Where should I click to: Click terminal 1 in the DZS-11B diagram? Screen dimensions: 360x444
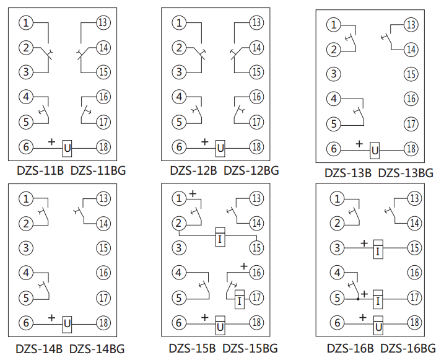pyautogui.click(x=26, y=24)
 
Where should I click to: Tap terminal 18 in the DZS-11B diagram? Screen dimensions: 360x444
pyautogui.click(x=103, y=147)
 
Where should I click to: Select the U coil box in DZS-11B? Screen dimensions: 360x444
pyautogui.click(x=67, y=148)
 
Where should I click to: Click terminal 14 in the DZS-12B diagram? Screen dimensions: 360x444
pyautogui.click(x=256, y=48)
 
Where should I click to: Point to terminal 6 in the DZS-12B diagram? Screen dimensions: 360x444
pyautogui.click(x=179, y=147)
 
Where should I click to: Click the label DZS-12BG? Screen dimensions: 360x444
pyautogui.click(x=251, y=170)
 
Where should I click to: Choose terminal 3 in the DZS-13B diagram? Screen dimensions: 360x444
pyautogui.click(x=334, y=74)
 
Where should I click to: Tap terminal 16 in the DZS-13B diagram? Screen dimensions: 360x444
pyautogui.click(x=411, y=99)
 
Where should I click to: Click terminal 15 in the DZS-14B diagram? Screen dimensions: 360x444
pyautogui.click(x=103, y=248)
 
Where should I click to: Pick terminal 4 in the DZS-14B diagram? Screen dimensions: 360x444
pyautogui.click(x=26, y=273)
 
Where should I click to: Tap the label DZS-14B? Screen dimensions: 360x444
pyautogui.click(x=39, y=348)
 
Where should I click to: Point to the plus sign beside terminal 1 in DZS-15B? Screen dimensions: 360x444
pyautogui.click(x=193, y=194)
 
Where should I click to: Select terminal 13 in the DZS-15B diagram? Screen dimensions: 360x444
pyautogui.click(x=256, y=199)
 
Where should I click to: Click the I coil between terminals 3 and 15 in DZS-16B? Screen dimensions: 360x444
pyautogui.click(x=378, y=248)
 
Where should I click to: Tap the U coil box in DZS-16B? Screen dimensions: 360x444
pyautogui.click(x=378, y=323)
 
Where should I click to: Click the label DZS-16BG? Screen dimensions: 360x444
pyautogui.click(x=407, y=348)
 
